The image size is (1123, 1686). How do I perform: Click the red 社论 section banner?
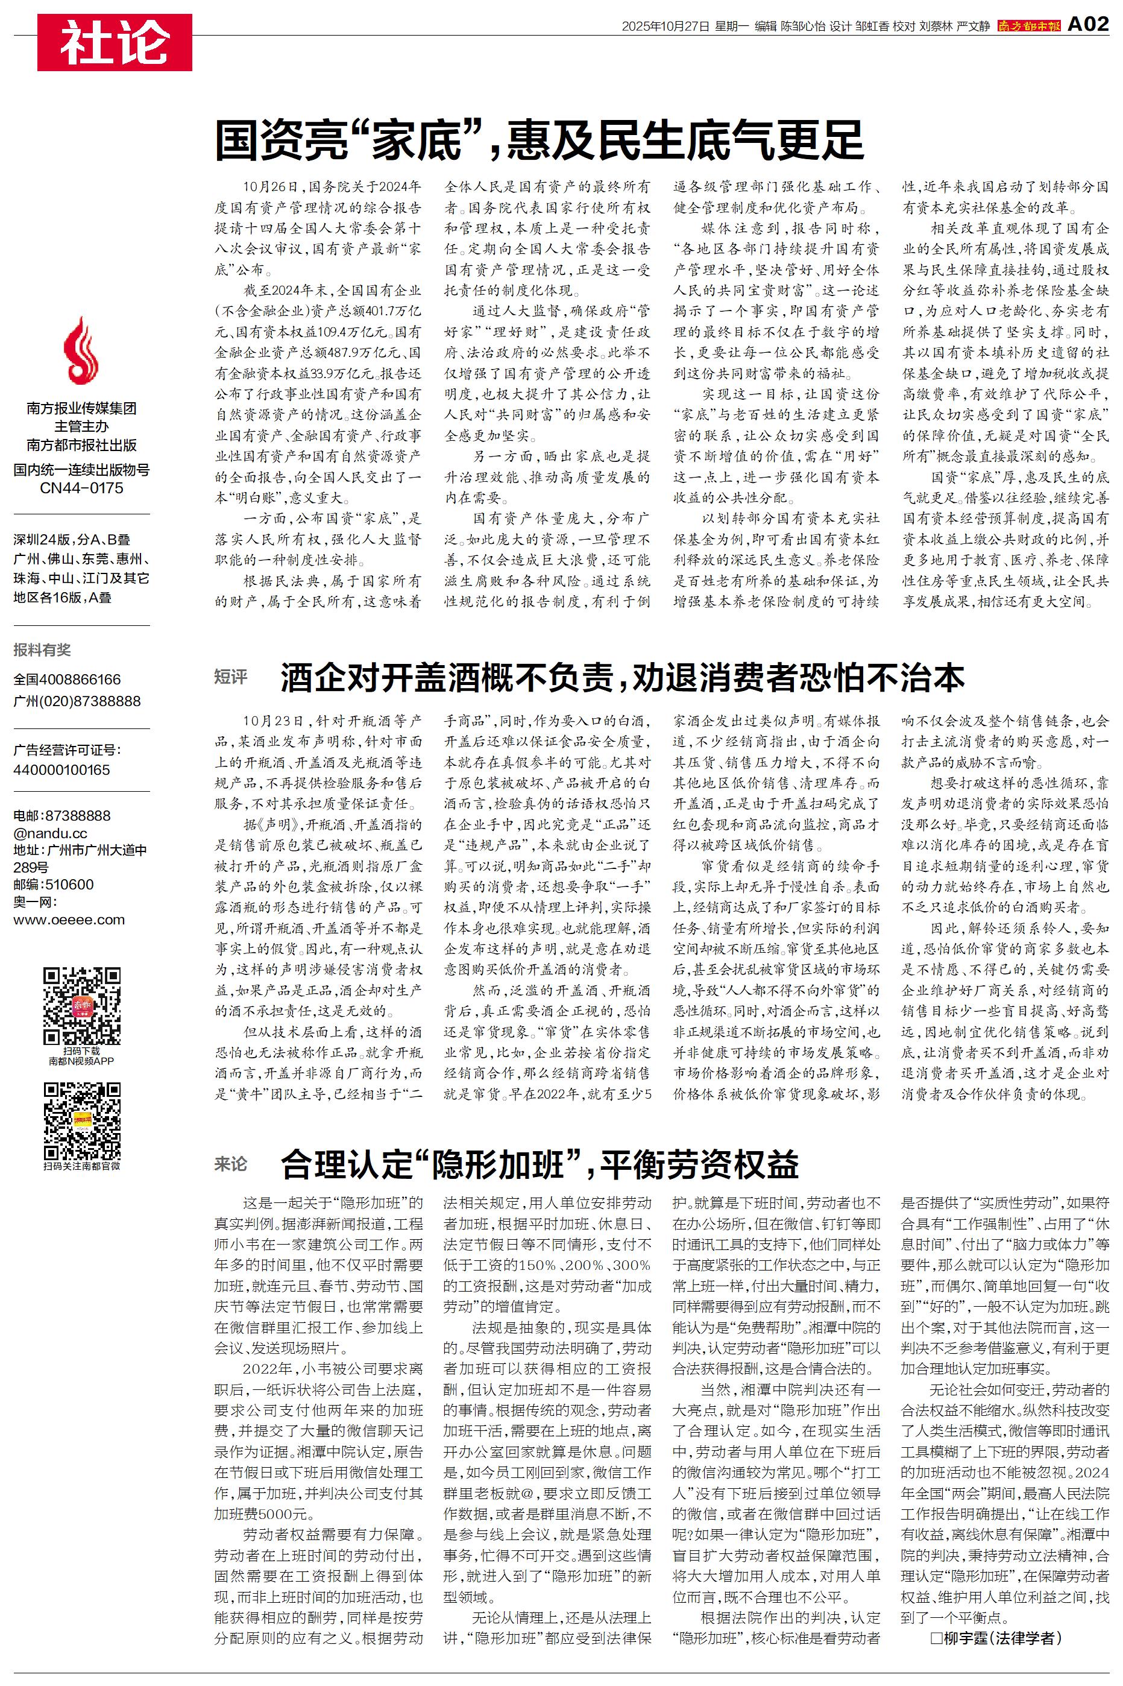[115, 42]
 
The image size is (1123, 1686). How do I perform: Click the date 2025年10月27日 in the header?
[665, 27]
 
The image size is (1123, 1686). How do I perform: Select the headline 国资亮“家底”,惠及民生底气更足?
[539, 140]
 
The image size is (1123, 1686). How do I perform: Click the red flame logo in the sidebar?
[81, 351]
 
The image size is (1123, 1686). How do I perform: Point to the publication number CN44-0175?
[81, 488]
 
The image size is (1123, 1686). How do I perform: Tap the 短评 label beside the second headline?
[231, 677]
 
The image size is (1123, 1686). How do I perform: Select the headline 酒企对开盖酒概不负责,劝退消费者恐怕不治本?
[622, 677]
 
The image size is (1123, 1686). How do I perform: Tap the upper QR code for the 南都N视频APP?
[81, 1006]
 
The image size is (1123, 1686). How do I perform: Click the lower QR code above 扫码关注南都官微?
[81, 1121]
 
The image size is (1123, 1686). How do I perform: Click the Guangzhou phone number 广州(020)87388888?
[77, 701]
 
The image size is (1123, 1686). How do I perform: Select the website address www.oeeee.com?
[69, 920]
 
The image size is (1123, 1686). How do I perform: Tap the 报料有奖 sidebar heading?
[42, 650]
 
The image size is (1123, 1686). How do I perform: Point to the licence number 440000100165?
[61, 770]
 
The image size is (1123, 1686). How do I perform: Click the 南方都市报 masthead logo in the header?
[1028, 26]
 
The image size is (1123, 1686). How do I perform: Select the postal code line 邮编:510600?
[54, 885]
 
